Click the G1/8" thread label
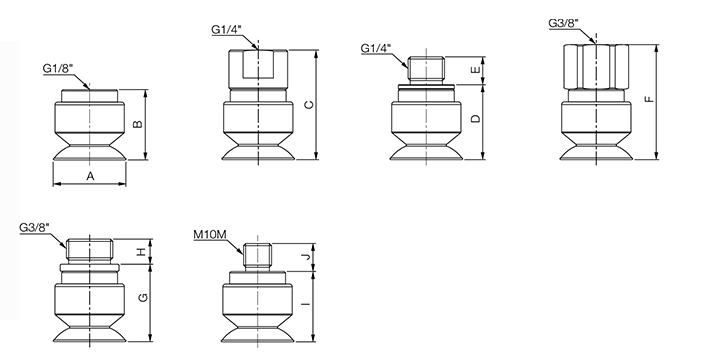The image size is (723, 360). [x=58, y=68]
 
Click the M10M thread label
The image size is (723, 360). [x=210, y=235]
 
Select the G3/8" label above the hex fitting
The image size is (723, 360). [x=563, y=23]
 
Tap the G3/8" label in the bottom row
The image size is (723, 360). [x=34, y=228]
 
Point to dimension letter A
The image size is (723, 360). [x=90, y=176]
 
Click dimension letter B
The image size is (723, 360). [x=138, y=124]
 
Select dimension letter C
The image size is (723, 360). [x=309, y=105]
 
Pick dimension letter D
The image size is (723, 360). [x=476, y=118]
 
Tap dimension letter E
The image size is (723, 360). [x=475, y=70]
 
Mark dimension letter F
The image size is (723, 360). [x=650, y=100]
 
